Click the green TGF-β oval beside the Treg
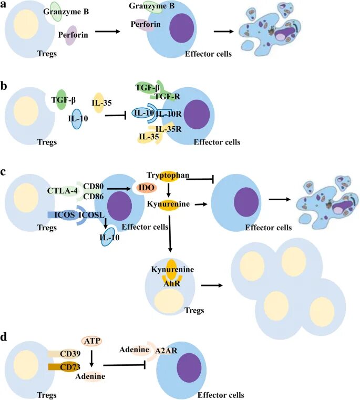tap(61, 99)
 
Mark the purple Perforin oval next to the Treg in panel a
tap(71, 36)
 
